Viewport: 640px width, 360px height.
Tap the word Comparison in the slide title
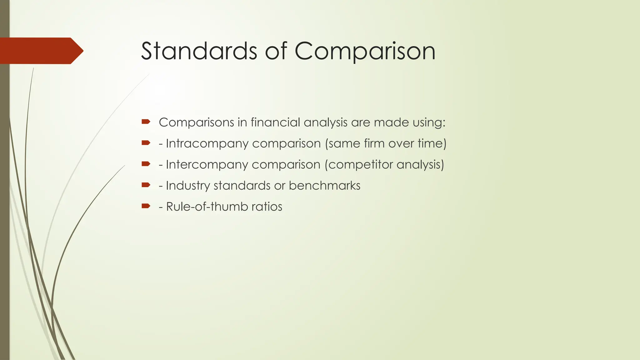pos(365,52)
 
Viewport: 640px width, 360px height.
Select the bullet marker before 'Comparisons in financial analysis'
pos(146,122)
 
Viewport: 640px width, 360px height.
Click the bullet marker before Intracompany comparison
pos(146,143)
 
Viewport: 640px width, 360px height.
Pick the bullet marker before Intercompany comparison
pos(146,164)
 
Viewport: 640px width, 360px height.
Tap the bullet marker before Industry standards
pos(146,185)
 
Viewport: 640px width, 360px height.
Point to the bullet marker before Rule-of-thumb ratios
pos(146,206)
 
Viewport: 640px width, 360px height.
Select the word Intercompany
pos(207,165)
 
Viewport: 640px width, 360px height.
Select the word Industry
pos(188,186)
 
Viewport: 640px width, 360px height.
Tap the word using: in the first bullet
pos(429,123)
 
